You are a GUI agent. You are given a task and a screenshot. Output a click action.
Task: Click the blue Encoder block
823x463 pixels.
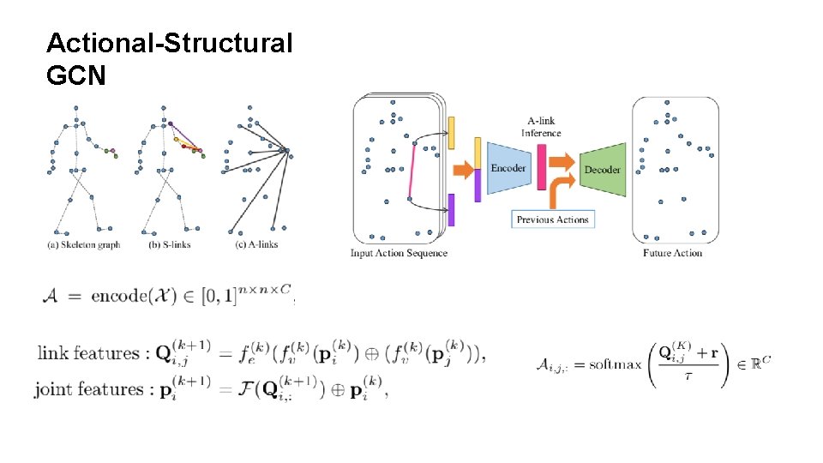coord(508,168)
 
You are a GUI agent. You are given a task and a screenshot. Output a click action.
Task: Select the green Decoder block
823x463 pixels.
coord(602,170)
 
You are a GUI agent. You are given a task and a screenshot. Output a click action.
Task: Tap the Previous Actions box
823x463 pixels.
coord(553,219)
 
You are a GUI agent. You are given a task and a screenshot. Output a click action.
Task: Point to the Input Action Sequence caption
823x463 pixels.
coord(399,253)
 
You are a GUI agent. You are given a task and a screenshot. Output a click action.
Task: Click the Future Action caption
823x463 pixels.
coord(672,253)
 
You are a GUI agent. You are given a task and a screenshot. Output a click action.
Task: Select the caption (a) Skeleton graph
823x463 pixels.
coord(83,244)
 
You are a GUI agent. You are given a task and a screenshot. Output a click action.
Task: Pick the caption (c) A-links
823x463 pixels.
coord(255,244)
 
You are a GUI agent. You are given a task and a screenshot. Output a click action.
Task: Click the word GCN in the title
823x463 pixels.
coord(76,76)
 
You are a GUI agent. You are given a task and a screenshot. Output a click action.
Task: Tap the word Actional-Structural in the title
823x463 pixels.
coord(169,42)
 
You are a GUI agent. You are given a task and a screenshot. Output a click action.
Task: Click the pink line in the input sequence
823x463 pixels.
coord(411,171)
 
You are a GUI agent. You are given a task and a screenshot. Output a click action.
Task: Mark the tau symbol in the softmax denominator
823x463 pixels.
coord(688,377)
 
